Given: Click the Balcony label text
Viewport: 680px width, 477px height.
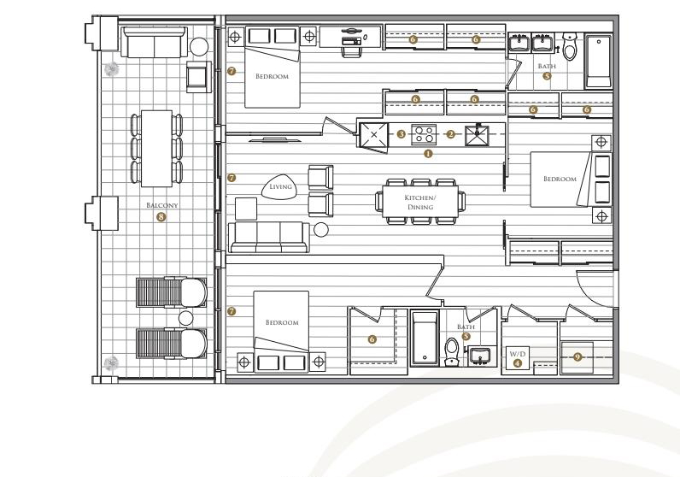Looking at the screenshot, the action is [161, 205].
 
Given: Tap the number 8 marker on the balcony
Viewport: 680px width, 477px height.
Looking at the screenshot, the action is [161, 216].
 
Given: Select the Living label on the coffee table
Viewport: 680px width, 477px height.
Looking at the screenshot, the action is [280, 186].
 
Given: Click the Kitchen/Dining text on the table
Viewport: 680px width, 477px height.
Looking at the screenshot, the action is [420, 203].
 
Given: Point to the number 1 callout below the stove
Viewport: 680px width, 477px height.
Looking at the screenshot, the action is [428, 153].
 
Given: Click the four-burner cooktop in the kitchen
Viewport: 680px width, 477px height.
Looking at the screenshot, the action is [424, 134].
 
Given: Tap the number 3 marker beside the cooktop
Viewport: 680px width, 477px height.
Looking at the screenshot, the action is [402, 134].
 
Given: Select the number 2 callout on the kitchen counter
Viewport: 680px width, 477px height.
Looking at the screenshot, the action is [451, 134].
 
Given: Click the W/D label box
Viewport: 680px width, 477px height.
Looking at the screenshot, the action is [518, 358].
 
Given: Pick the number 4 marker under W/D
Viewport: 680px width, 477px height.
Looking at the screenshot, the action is [518, 363].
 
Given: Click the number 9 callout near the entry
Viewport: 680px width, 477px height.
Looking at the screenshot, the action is [577, 356].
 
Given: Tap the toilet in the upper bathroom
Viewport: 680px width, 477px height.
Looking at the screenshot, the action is [569, 46].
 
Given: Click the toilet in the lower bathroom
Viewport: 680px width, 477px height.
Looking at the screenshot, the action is [452, 352].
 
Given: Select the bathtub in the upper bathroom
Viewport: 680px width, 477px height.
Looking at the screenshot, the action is [599, 62].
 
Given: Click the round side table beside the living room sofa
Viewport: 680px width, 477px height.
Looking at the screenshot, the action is [321, 230].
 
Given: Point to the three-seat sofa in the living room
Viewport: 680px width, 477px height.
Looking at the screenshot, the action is [269, 237].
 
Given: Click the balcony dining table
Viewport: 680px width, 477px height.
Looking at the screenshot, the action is [156, 149].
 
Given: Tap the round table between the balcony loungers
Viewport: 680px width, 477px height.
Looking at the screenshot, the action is [185, 319].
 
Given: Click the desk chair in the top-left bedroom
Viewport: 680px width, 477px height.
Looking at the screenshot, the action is [351, 47].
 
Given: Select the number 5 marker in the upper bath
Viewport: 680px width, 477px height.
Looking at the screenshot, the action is [547, 76].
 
